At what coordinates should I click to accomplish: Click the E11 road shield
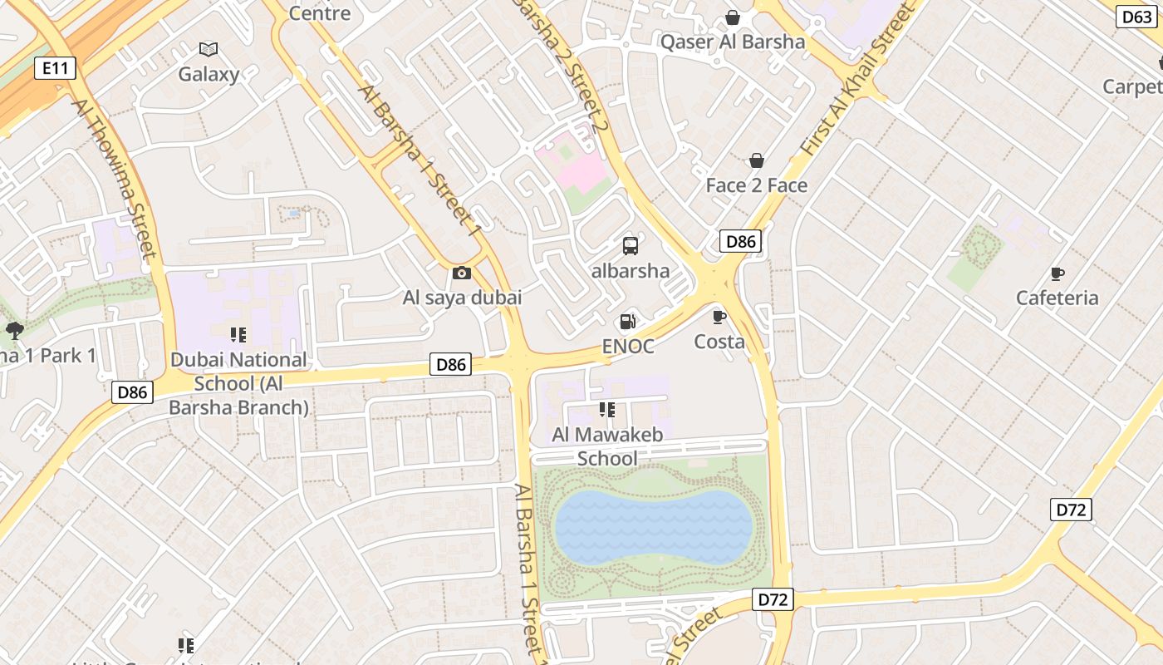pos(56,68)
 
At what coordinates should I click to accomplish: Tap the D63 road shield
pos(1136,17)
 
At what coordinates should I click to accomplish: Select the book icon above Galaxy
pos(209,50)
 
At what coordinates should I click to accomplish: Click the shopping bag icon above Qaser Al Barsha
pos(733,17)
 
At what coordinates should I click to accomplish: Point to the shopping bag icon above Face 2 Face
pos(757,160)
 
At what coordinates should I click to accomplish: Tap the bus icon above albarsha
pos(631,246)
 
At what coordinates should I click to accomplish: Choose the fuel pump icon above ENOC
pos(628,322)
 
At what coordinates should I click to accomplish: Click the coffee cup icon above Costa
pos(719,317)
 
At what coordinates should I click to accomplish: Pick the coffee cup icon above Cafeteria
pos(1057,273)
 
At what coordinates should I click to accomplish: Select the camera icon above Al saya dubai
pos(462,273)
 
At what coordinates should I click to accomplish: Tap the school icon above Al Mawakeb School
pos(607,410)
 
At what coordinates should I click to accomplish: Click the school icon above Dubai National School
pos(238,335)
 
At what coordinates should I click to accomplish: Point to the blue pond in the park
pos(653,526)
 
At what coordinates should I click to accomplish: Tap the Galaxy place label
pos(209,74)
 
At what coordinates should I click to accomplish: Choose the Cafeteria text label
pos(1057,298)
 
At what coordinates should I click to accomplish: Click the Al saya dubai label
pos(462,297)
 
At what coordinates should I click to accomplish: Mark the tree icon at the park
pos(14,331)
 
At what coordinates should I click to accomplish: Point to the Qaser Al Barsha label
pos(733,42)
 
